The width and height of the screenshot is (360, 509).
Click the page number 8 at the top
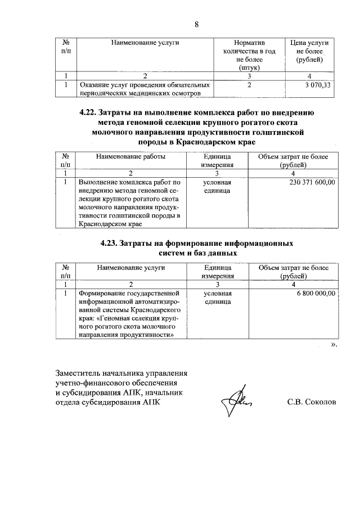pyautogui.click(x=196, y=24)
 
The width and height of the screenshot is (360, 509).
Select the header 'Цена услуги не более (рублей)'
pyautogui.click(x=309, y=51)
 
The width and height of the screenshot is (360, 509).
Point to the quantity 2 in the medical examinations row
pyautogui.click(x=248, y=85)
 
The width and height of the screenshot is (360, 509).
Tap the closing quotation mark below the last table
pyautogui.click(x=334, y=345)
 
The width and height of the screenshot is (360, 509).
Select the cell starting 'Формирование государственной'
pyautogui.click(x=129, y=294)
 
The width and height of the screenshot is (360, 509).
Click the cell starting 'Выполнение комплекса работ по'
pyautogui.click(x=129, y=183)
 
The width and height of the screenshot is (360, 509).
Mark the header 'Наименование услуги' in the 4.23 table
pyautogui.click(x=130, y=268)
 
